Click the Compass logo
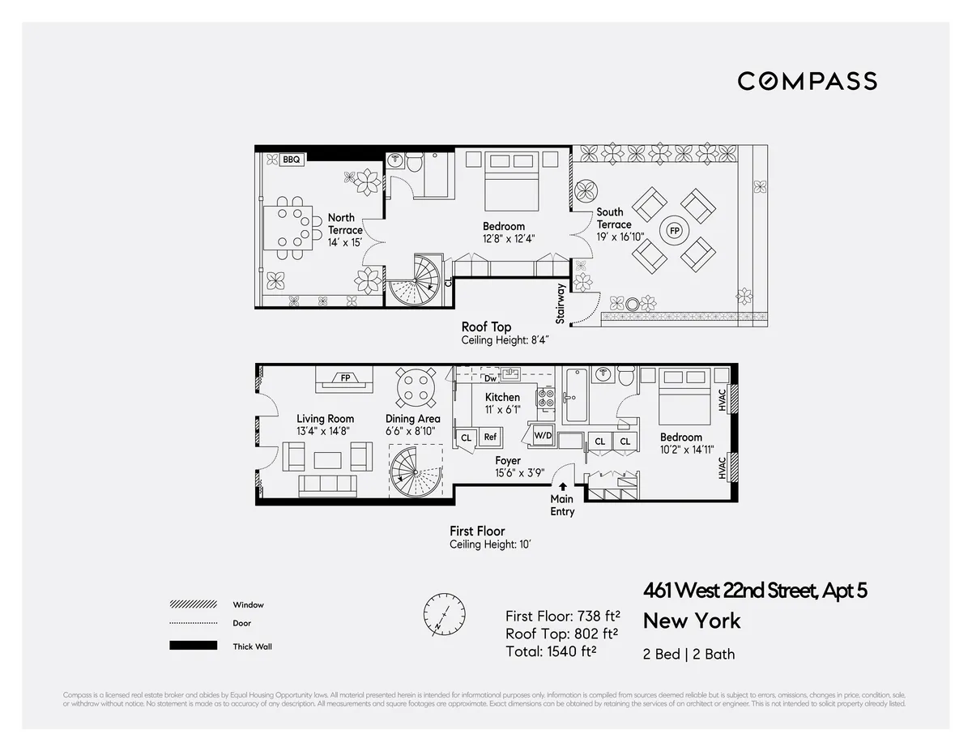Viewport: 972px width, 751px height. [x=807, y=81]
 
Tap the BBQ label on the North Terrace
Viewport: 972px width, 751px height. [x=291, y=160]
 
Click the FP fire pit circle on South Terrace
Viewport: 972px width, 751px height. [x=673, y=231]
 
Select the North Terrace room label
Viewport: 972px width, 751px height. [x=345, y=224]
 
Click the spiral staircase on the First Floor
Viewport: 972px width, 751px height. [x=416, y=473]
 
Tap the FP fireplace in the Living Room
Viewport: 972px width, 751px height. [x=345, y=378]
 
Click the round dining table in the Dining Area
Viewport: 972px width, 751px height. [x=414, y=387]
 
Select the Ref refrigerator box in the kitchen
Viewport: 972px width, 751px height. [x=490, y=437]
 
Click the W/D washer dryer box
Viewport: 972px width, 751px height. [x=542, y=436]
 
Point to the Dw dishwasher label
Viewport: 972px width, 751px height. [x=490, y=378]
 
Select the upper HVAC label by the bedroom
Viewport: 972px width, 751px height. [x=723, y=399]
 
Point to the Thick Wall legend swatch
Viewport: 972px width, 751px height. [x=194, y=646]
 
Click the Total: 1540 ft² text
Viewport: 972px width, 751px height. [x=551, y=650]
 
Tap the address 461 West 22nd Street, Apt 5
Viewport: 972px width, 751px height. [x=755, y=591]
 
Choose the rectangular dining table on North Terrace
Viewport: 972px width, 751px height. [x=286, y=227]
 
